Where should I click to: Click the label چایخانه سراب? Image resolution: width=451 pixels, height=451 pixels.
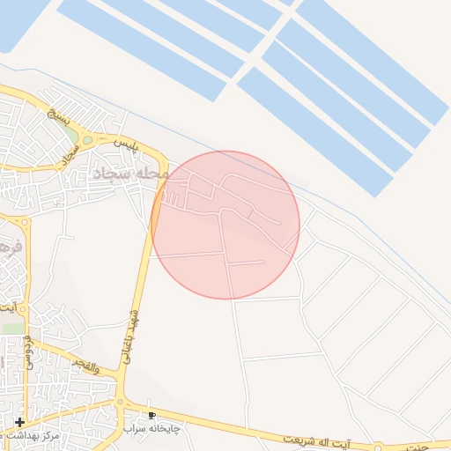pyautogui.click(x=155, y=428)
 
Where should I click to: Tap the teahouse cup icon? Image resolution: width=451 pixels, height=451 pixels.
pyautogui.click(x=152, y=415)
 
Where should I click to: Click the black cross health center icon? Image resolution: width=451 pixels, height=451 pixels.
pyautogui.click(x=20, y=423)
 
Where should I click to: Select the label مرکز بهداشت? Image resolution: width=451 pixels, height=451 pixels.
pyautogui.click(x=32, y=436)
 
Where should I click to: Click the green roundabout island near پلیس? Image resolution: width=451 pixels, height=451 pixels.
pyautogui.click(x=87, y=139)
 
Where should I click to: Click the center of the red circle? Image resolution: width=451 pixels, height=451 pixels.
pyautogui.click(x=225, y=225)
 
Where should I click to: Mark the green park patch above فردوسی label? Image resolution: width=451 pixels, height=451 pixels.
pyautogui.click(x=12, y=327)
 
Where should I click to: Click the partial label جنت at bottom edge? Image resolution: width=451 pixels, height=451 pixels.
pyautogui.click(x=436, y=447)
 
